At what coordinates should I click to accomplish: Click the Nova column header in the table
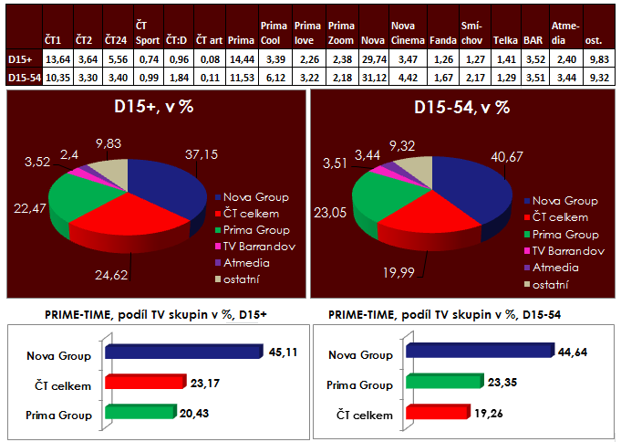(370, 40)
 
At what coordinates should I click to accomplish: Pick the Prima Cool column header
(274, 34)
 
